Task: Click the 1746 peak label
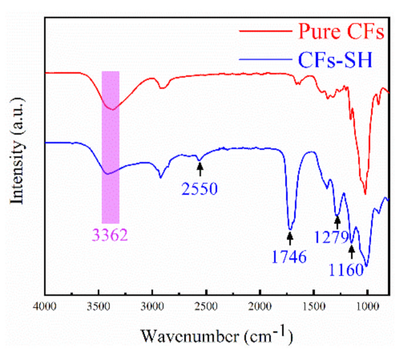coord(289,256)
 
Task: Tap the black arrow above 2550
coord(200,169)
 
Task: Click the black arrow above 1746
coord(290,238)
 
